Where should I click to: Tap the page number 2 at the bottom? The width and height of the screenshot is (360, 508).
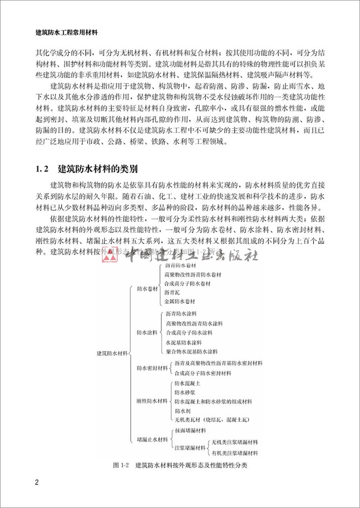(36, 482)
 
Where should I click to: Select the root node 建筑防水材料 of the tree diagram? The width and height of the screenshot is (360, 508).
(112, 353)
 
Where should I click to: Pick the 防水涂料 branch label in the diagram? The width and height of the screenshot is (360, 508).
(146, 332)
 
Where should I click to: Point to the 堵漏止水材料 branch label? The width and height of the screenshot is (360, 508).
(152, 439)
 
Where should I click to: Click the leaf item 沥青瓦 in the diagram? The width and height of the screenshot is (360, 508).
(173, 292)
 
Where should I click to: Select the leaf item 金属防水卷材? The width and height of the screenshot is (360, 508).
(180, 301)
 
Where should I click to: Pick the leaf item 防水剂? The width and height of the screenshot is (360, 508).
(181, 410)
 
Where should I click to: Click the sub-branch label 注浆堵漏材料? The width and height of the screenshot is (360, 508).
(190, 448)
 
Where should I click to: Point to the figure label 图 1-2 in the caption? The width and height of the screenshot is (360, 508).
(120, 465)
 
